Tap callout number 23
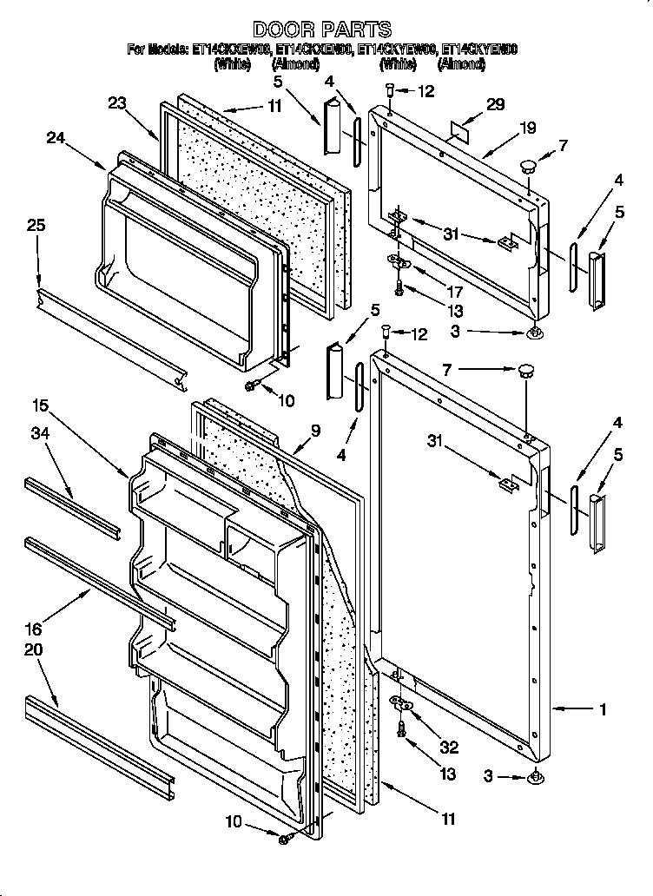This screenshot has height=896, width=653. [118, 103]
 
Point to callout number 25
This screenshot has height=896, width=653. [36, 226]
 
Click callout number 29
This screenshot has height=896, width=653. [495, 104]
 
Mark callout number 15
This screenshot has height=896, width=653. [40, 405]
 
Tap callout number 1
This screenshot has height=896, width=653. [602, 709]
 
